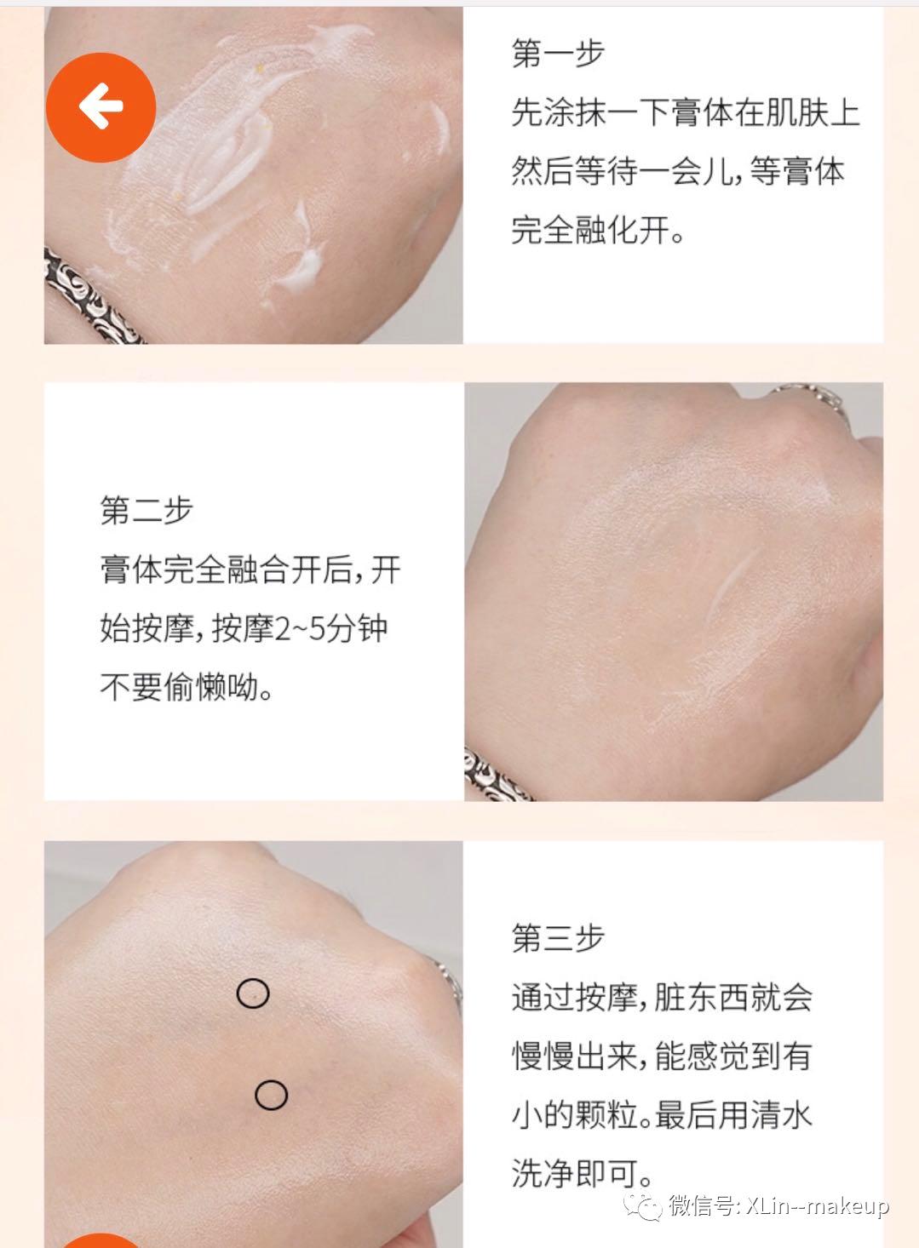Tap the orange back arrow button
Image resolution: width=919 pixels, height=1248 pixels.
click(x=101, y=107)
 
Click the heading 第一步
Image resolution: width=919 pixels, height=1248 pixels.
click(x=558, y=53)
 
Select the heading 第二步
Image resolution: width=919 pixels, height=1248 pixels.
click(x=146, y=510)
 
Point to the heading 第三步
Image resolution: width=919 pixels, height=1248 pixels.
click(x=558, y=938)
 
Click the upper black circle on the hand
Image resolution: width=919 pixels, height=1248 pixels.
click(x=253, y=993)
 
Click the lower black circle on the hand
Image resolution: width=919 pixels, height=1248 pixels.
click(x=271, y=1095)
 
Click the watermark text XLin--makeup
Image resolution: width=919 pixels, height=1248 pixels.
click(x=818, y=1206)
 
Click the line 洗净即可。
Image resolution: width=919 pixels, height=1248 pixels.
click(x=583, y=1174)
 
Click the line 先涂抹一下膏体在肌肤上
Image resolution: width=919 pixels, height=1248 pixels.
click(x=686, y=112)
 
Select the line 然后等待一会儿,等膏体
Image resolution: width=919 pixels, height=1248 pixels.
click(x=677, y=171)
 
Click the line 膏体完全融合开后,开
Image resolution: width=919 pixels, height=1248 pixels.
click(x=250, y=570)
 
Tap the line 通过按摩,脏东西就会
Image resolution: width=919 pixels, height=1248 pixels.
click(x=662, y=997)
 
